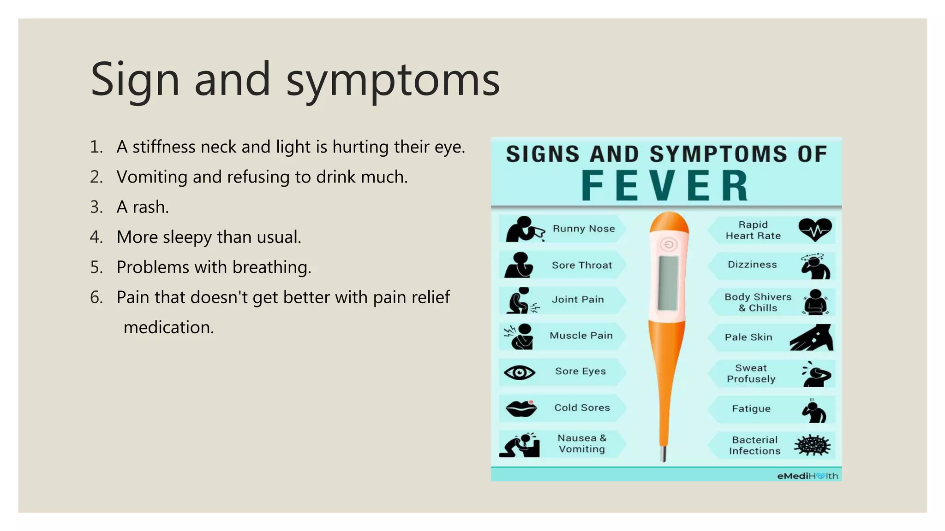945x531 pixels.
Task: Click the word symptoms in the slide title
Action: click(393, 79)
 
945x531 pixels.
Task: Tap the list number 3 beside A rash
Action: click(96, 207)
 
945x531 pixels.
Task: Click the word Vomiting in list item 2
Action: click(152, 177)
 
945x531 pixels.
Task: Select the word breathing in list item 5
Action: click(272, 267)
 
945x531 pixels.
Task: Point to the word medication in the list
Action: click(168, 327)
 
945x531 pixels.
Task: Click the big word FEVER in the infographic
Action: click(665, 186)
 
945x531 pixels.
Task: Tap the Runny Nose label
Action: click(584, 229)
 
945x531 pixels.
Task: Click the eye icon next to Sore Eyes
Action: click(519, 372)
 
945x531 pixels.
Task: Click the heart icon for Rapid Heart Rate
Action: click(815, 230)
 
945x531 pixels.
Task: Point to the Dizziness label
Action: click(752, 265)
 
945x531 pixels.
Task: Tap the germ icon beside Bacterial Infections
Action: click(812, 445)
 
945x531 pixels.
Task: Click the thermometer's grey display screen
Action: click(668, 283)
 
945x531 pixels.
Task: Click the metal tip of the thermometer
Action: click(664, 454)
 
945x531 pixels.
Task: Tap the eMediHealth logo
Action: click(807, 476)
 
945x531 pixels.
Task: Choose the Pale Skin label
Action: click(748, 337)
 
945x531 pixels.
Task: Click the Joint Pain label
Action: click(578, 300)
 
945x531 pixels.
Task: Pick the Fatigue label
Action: click(751, 408)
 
